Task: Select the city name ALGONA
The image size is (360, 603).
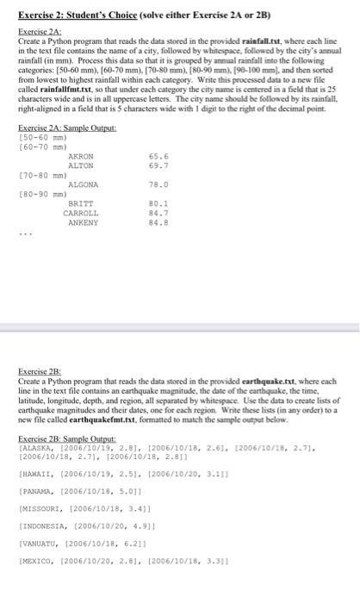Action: (83, 184)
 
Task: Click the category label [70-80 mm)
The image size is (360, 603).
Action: (36, 174)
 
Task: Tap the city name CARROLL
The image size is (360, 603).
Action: (82, 212)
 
